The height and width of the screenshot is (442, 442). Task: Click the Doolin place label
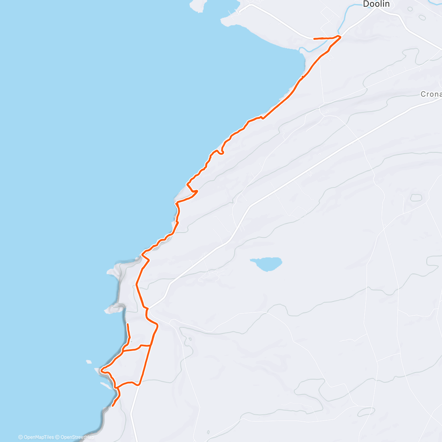point(376,4)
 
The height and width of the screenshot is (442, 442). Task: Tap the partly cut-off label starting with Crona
point(431,94)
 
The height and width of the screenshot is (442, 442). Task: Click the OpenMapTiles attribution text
point(36,437)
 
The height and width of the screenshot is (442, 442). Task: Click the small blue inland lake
point(267,263)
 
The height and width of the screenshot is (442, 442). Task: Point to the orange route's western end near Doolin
point(314,39)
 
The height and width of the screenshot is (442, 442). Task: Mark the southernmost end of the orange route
point(112,406)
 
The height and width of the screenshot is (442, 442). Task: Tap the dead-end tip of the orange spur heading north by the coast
point(127,324)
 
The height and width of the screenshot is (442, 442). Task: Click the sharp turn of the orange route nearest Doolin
point(339,36)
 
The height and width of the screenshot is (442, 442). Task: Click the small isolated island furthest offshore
point(88,362)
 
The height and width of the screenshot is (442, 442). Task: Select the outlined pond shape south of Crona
point(416,197)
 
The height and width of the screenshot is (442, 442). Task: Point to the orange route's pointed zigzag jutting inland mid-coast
point(197,191)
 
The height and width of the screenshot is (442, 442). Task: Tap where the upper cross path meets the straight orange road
point(150,345)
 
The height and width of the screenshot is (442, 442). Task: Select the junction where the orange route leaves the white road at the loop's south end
point(139,384)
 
